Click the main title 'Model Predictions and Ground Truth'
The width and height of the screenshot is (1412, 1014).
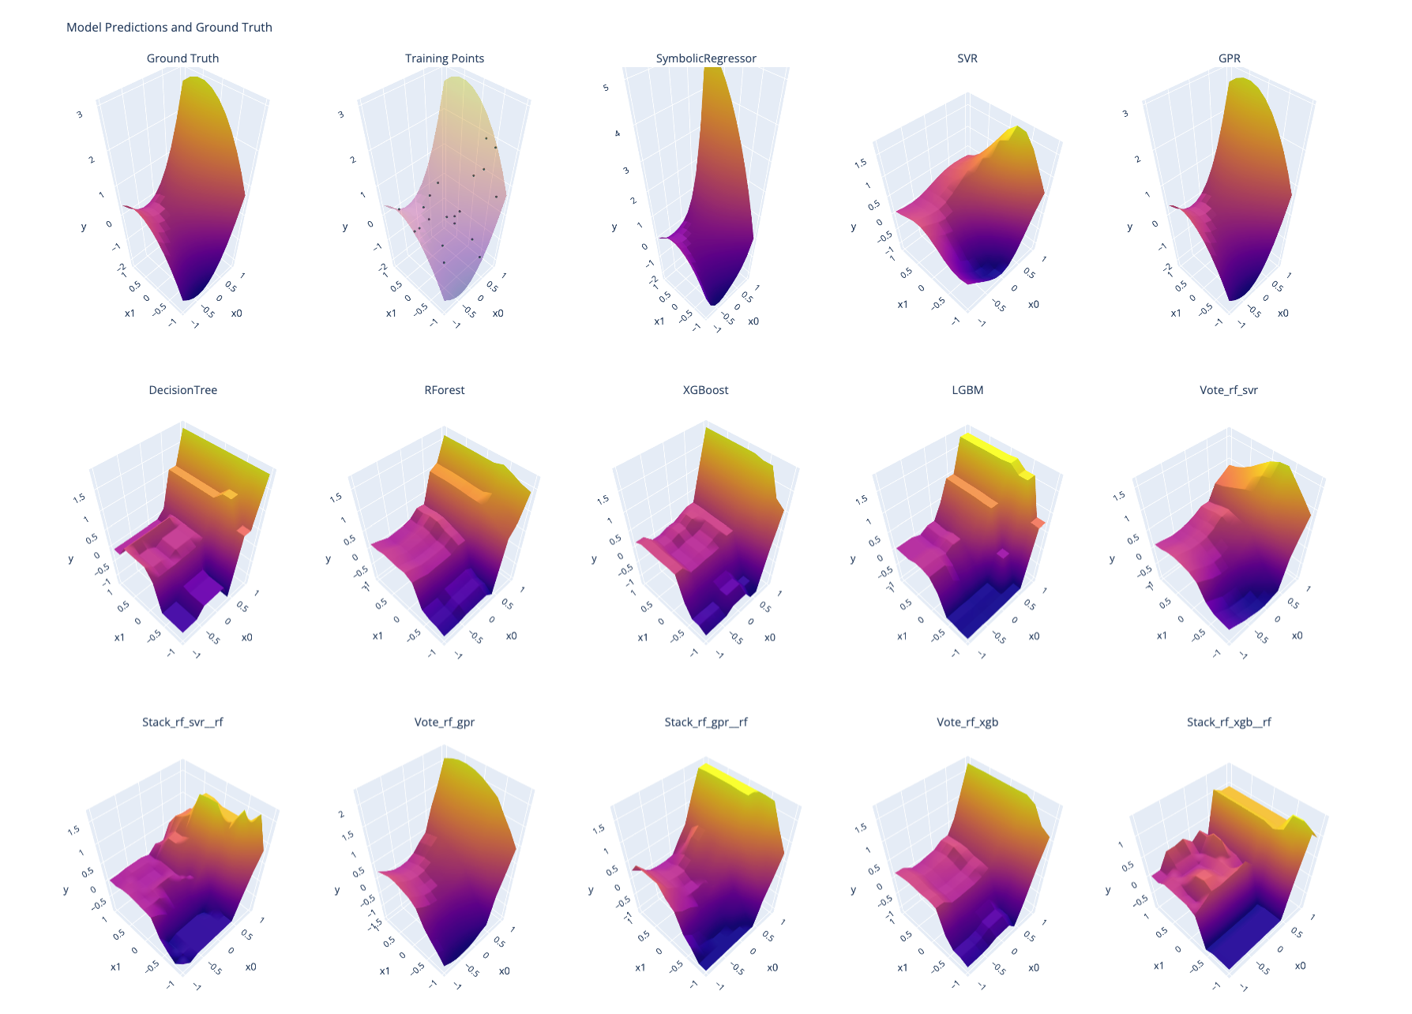click(169, 28)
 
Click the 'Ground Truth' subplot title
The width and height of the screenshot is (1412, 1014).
click(182, 58)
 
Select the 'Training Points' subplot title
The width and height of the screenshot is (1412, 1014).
click(445, 58)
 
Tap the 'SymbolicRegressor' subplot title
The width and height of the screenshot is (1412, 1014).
click(706, 58)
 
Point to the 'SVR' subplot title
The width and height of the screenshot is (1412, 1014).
click(967, 58)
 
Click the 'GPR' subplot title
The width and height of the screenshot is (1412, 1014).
click(1229, 58)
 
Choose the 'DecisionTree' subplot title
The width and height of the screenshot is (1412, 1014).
click(182, 390)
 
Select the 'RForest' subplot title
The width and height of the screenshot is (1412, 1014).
click(445, 390)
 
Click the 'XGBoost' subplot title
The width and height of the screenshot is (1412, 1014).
click(706, 390)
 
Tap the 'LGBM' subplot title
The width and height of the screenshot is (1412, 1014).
click(967, 390)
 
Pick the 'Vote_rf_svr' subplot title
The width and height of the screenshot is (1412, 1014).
click(1229, 390)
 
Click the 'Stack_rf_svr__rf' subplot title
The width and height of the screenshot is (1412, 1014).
click(182, 722)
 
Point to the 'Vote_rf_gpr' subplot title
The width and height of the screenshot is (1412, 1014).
click(445, 722)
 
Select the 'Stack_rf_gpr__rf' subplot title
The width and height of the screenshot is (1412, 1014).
click(706, 722)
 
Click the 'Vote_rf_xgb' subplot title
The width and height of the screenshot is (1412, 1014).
click(967, 722)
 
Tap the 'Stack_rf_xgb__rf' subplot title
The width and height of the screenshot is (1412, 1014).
click(1229, 722)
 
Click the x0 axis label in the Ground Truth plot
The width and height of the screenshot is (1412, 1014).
click(237, 314)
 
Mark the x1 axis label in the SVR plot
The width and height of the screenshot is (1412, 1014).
click(903, 305)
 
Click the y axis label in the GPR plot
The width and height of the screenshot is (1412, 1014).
click(1129, 227)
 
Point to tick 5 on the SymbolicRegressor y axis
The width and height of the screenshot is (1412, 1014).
click(606, 88)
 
